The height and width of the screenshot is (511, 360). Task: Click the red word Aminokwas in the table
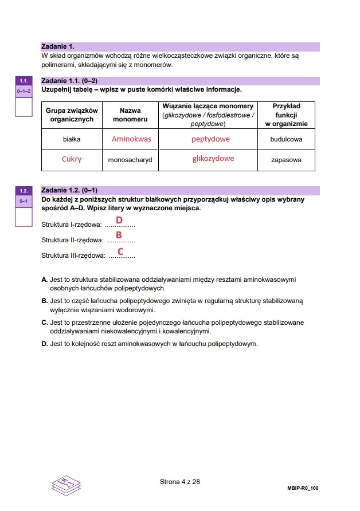[x=131, y=139]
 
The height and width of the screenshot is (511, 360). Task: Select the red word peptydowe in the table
[x=210, y=139]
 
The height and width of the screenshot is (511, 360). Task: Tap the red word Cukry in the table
[x=72, y=159]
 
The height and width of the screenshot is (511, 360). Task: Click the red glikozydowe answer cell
[x=213, y=159]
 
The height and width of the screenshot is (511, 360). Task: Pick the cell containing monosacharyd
[x=130, y=160]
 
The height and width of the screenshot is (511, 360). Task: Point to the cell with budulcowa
[x=286, y=139]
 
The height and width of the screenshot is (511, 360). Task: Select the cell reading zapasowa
[x=286, y=160]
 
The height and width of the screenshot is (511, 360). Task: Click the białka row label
[x=72, y=139]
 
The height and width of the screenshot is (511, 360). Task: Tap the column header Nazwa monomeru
[x=130, y=115]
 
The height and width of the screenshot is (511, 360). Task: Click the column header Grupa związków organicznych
[x=72, y=115]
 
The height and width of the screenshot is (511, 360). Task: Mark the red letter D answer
[x=119, y=220]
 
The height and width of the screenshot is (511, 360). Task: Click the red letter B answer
[x=119, y=235]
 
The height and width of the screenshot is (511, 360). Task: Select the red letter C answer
[x=120, y=251]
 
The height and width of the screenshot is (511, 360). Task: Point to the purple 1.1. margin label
[x=24, y=81]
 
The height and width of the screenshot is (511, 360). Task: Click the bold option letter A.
[x=45, y=280]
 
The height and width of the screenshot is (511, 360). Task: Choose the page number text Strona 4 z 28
[x=179, y=482]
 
